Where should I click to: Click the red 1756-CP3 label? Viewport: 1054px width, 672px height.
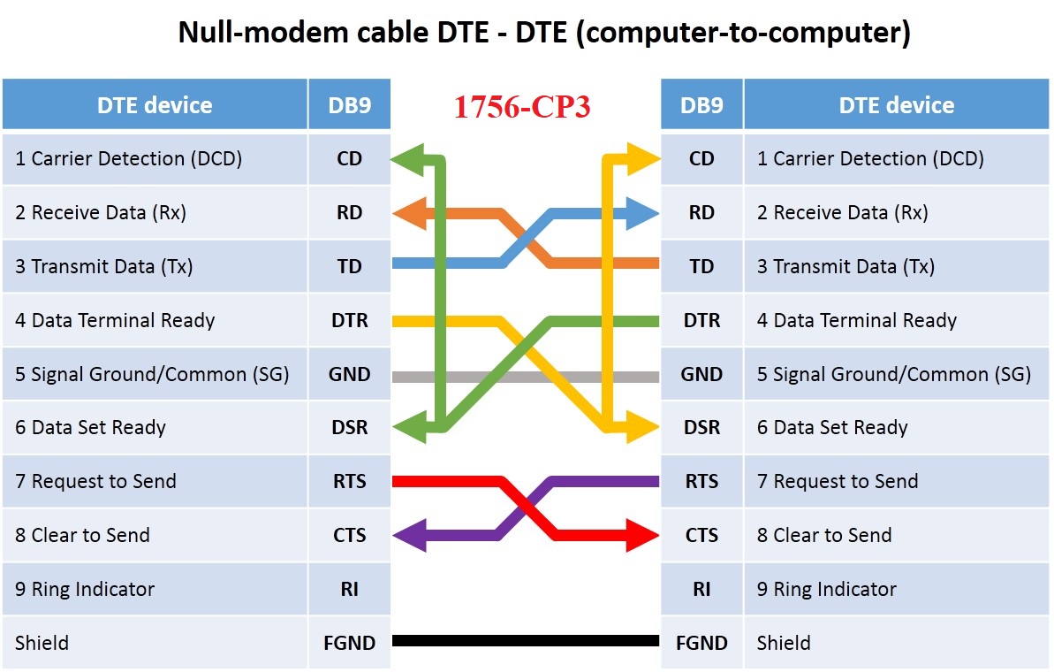point(521,106)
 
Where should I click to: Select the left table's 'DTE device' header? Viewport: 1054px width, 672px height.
point(155,105)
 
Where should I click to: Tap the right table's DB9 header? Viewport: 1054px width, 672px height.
point(701,105)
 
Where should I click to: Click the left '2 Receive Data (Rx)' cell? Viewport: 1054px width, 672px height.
point(155,212)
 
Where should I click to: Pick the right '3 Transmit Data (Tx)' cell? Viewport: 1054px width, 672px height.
point(897,266)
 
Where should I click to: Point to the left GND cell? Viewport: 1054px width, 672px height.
point(349,374)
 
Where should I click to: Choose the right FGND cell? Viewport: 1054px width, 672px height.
point(701,643)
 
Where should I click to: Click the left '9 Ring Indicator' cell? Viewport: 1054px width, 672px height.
point(155,589)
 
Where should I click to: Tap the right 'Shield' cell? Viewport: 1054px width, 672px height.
point(897,643)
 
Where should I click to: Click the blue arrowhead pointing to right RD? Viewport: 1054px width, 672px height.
point(643,212)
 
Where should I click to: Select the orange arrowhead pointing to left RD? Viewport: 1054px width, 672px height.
point(408,212)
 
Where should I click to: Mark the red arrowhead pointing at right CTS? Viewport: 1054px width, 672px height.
point(643,535)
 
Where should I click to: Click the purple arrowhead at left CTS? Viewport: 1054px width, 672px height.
point(408,535)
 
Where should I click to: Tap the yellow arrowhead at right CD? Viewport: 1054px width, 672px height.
point(643,159)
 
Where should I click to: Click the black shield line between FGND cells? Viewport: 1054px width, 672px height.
point(526,641)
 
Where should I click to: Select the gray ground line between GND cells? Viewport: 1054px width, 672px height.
point(526,377)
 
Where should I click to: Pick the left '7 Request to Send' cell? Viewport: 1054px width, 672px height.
point(155,482)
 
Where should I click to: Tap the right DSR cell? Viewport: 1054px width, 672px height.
point(701,428)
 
